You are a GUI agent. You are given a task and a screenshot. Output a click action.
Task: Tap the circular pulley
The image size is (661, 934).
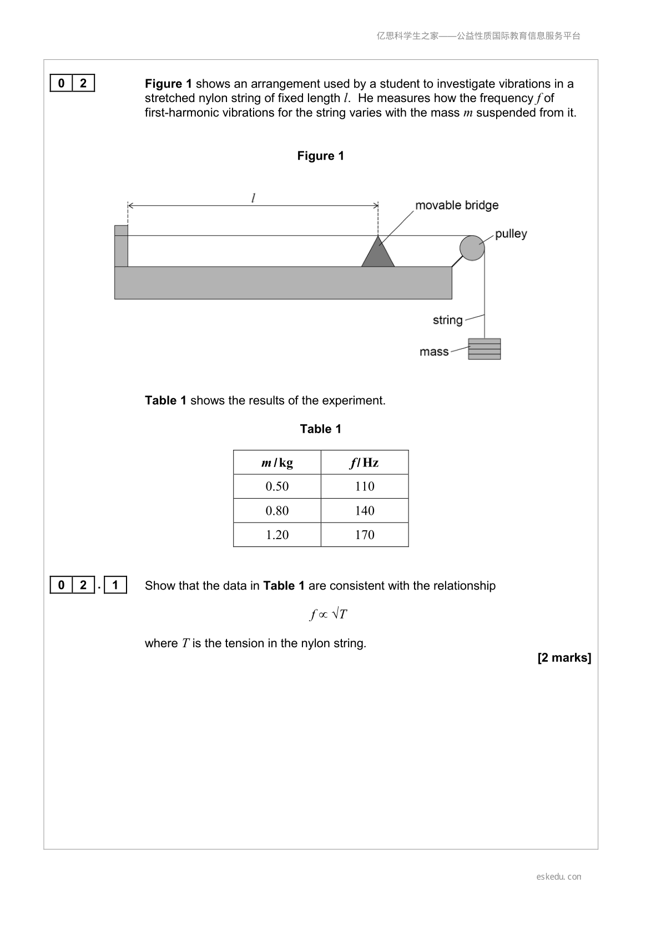click(x=472, y=248)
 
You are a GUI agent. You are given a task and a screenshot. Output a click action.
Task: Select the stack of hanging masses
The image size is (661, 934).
click(x=484, y=348)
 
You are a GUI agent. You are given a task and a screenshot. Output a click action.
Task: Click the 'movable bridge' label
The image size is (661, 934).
click(x=457, y=205)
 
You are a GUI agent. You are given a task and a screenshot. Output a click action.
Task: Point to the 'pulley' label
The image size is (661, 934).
click(x=511, y=234)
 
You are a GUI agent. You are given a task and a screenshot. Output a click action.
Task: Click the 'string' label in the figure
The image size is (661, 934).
click(x=447, y=320)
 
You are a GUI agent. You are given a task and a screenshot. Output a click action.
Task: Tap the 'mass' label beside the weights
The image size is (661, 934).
click(x=434, y=352)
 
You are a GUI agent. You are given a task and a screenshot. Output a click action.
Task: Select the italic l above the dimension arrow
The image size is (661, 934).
click(x=253, y=197)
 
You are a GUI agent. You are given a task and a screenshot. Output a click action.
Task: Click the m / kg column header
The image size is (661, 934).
click(x=277, y=463)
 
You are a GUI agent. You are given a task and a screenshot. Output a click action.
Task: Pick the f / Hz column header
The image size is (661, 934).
click(x=364, y=463)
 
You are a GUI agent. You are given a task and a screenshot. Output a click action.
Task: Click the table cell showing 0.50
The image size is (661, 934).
click(x=277, y=486)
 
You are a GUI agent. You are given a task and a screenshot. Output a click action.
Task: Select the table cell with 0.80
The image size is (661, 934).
click(x=277, y=510)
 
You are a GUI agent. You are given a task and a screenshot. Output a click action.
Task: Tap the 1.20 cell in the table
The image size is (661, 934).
click(x=277, y=535)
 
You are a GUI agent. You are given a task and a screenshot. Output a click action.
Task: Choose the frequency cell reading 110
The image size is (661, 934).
click(x=365, y=486)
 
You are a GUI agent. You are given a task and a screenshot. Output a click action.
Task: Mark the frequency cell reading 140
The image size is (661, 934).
click(x=365, y=510)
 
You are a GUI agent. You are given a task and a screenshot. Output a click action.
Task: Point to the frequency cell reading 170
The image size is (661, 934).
click(x=365, y=535)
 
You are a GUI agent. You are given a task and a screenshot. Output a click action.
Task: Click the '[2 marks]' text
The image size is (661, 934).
click(x=564, y=658)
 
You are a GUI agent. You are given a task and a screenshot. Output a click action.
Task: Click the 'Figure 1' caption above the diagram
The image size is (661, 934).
click(x=320, y=156)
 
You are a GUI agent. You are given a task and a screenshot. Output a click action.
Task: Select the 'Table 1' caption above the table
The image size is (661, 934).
click(x=320, y=429)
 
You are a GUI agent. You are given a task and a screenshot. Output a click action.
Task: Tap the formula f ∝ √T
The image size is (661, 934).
click(x=329, y=614)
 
